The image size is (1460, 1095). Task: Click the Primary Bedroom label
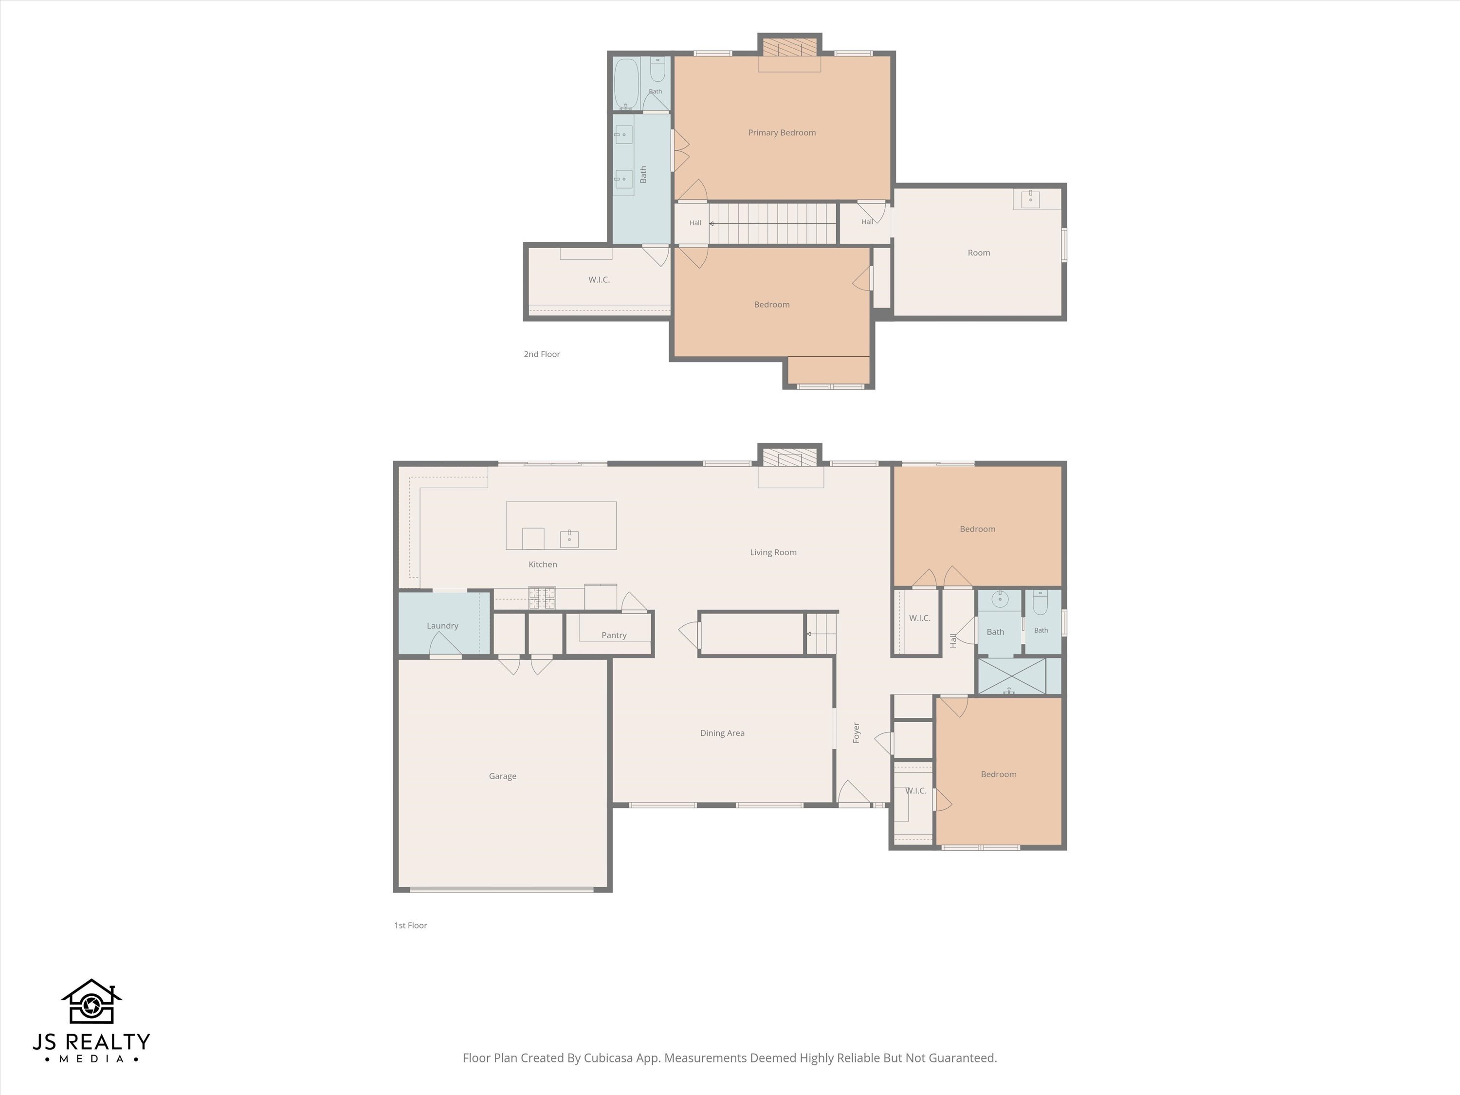point(782,133)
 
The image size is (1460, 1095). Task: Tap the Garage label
point(502,776)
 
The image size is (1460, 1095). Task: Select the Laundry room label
point(442,626)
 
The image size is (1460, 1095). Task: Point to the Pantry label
point(614,635)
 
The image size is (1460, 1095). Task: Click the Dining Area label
point(722,732)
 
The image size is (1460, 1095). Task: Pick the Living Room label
point(773,552)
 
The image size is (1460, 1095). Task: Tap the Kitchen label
point(543,565)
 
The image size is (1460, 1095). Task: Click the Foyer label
point(856,732)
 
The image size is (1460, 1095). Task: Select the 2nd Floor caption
point(542,354)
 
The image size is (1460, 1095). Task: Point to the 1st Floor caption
point(411,925)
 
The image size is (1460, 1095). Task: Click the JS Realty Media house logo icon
point(92,1002)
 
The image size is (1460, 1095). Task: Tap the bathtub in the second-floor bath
point(626,84)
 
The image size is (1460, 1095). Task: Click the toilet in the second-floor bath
point(658,69)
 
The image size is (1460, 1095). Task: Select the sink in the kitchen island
point(569,539)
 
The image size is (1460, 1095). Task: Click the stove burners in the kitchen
point(542,598)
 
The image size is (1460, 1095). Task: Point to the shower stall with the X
point(1011,676)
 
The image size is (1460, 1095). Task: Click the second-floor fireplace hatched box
point(789,48)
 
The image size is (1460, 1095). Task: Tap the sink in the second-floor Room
point(1030,199)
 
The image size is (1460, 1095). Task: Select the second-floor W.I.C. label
point(599,280)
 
